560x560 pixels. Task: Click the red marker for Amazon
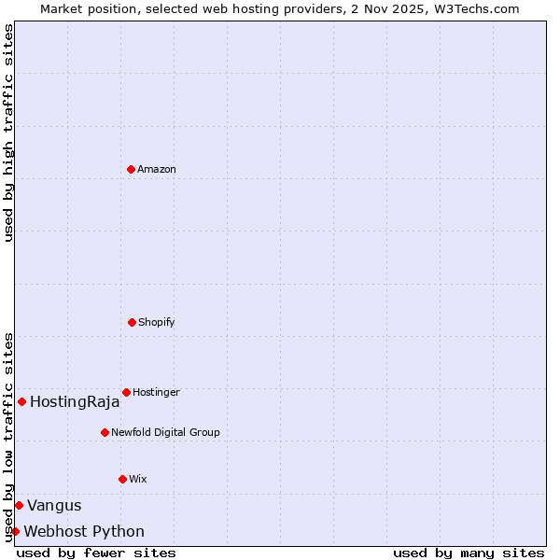(x=131, y=169)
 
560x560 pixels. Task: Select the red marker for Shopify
(x=132, y=322)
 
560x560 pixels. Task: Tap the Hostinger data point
(x=126, y=392)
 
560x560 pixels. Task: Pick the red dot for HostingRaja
(x=21, y=401)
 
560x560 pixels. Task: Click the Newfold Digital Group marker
(x=105, y=432)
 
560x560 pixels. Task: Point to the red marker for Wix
(x=122, y=479)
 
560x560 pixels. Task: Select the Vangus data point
(x=19, y=505)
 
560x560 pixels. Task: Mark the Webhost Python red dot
(x=15, y=531)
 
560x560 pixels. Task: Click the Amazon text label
(x=157, y=169)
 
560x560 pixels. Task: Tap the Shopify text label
(x=157, y=322)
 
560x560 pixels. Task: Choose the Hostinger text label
(x=156, y=392)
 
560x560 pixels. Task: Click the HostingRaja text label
(x=75, y=402)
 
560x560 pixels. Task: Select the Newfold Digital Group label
(x=165, y=432)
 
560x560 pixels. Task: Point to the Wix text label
(x=138, y=479)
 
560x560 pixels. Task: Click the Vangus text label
(x=54, y=506)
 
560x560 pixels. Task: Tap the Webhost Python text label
(x=84, y=532)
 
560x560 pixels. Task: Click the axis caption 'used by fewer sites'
(x=96, y=553)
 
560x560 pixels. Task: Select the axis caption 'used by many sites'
(x=469, y=553)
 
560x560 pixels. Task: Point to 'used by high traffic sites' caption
(x=8, y=133)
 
